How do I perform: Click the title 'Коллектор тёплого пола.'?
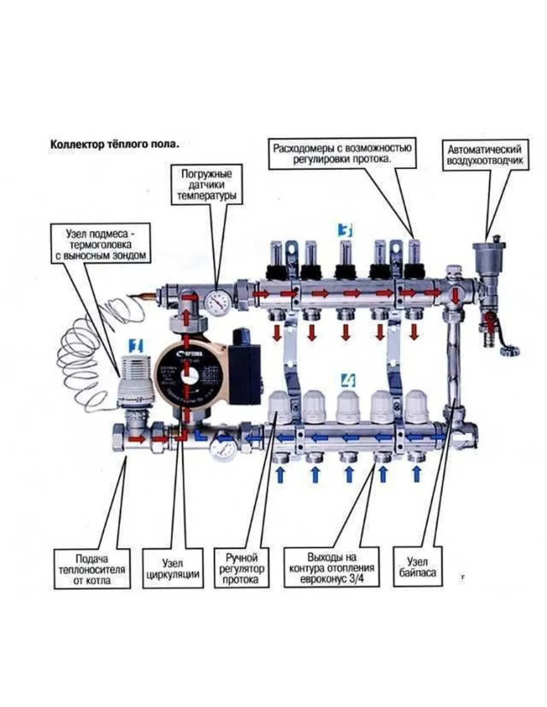point(114,144)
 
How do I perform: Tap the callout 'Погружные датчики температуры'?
point(206,185)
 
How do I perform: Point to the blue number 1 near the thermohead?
point(135,345)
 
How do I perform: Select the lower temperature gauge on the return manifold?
point(223,450)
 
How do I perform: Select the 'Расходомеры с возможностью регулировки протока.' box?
point(342,155)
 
